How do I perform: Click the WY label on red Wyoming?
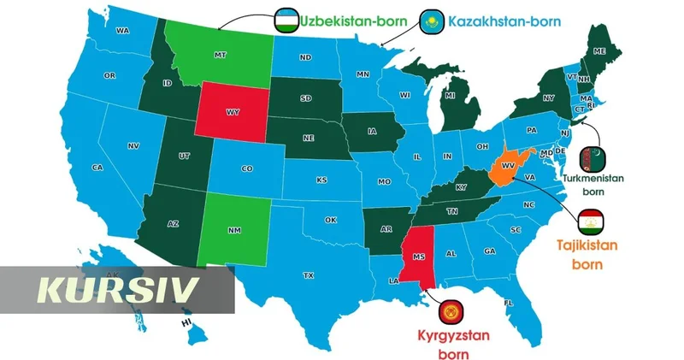(x=233, y=112)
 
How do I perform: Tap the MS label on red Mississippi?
(x=418, y=255)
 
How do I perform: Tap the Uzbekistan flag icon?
(x=286, y=19)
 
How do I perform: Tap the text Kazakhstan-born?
(x=504, y=19)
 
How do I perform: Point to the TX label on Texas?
(x=308, y=275)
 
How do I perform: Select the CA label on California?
(x=97, y=168)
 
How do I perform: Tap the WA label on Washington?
(x=122, y=31)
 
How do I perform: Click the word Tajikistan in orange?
(x=587, y=246)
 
